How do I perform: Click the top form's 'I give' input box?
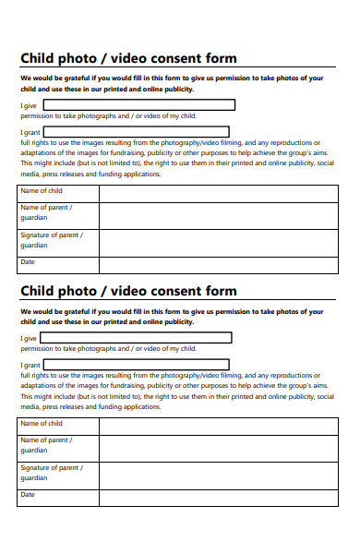tap(137, 105)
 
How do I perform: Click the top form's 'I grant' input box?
tap(137, 132)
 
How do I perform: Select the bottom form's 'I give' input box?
tap(137, 338)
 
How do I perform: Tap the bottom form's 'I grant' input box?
tap(137, 365)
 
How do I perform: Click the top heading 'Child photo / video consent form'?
tap(128, 58)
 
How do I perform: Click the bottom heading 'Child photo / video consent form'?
tap(128, 291)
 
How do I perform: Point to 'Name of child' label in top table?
tap(42, 191)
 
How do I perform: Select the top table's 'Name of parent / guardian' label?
tap(46, 212)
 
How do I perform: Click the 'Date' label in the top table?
tap(28, 262)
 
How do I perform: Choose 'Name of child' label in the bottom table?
tap(42, 424)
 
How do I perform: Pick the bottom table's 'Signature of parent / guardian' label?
tap(52, 473)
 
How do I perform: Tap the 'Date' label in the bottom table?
tap(28, 495)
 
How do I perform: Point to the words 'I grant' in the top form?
tap(30, 133)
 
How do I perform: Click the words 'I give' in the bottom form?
tap(30, 339)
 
